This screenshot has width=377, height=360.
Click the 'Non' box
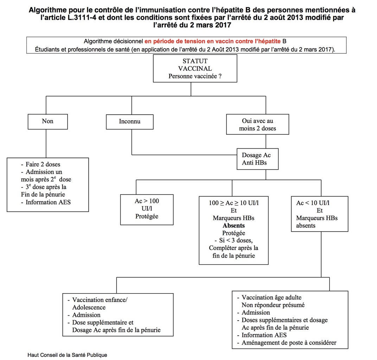47,121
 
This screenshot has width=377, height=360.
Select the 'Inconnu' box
129,122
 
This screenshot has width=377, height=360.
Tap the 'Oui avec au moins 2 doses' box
257,125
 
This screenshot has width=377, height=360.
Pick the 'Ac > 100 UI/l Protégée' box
147,209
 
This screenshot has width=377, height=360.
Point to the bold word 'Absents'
234,225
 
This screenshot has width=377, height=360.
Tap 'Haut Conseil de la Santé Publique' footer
67,355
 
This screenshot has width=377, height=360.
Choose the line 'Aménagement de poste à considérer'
289,342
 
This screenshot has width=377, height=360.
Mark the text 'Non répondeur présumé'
273,305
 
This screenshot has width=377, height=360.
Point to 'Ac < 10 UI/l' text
313,203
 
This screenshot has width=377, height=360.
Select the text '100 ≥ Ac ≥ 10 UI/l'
234,203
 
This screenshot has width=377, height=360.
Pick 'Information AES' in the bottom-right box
264,335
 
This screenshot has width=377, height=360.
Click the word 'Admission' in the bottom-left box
86,315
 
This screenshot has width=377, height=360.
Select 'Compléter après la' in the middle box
234,248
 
